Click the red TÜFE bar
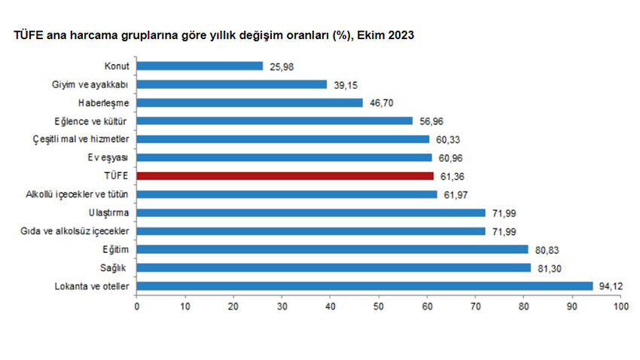coord(285,175)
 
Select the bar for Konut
coord(200,66)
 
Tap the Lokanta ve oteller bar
coord(364,285)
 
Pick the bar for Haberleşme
coord(249,102)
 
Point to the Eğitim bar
coord(332,249)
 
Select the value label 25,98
coord(279,66)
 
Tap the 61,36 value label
coord(451,175)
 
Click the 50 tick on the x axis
coord(379,307)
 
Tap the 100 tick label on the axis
coord(620,307)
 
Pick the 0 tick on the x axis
coord(137,307)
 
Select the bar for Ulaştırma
coord(311,212)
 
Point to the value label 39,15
coord(343,84)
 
